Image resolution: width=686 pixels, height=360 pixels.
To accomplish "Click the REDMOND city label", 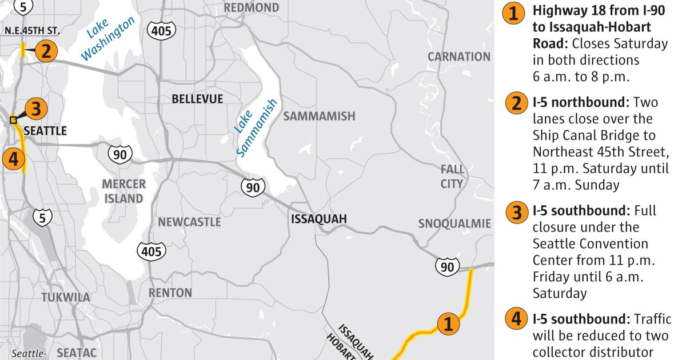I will [x=252, y=8].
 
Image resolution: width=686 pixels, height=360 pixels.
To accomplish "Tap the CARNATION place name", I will [x=459, y=57].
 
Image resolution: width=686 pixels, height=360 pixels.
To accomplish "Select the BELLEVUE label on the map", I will [x=197, y=99].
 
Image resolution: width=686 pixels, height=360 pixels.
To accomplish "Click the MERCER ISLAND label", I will [x=123, y=191].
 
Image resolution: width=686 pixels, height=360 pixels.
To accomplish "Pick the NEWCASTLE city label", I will [x=189, y=222].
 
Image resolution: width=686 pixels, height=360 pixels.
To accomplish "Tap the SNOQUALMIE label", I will [x=454, y=223].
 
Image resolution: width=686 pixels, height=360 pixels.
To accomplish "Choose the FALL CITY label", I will [x=452, y=177].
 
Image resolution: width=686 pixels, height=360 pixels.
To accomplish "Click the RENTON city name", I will [x=170, y=293].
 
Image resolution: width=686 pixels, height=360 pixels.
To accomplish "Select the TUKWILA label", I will [x=66, y=298].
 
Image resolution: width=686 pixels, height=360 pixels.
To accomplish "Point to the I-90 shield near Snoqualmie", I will [x=446, y=266].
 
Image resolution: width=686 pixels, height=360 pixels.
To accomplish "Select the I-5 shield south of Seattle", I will [x=42, y=217].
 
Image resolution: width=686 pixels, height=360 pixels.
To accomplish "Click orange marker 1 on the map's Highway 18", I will [x=448, y=325].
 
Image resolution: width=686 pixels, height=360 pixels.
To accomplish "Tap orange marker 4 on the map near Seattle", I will [x=13, y=158].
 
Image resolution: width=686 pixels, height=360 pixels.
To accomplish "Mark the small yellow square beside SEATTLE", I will [x=13, y=120].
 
